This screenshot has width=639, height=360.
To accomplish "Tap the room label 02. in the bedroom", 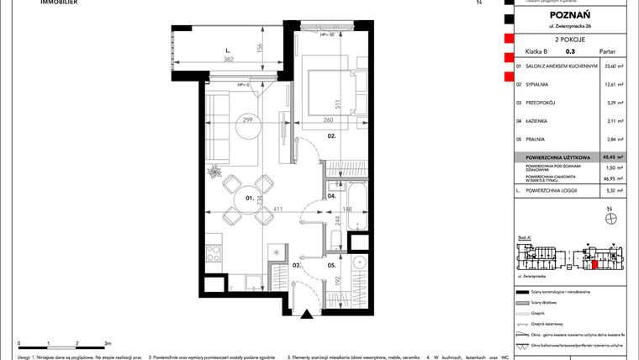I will point(333,135).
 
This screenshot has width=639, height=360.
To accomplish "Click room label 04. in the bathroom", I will point(333,195).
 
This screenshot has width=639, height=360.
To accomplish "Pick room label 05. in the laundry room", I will point(333,266).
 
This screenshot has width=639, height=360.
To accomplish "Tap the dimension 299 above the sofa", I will point(249,121).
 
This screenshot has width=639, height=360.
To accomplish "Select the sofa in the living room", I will point(220,129).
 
